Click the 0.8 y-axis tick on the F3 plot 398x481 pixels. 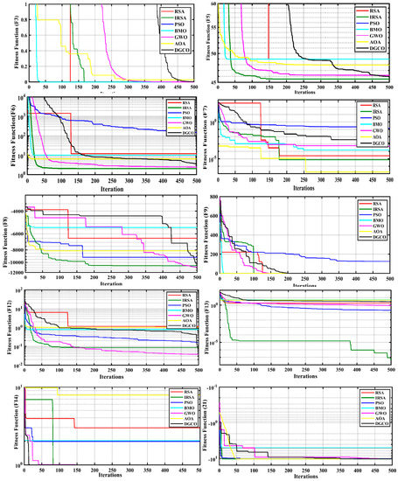19,19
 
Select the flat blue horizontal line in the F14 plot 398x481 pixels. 114,441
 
